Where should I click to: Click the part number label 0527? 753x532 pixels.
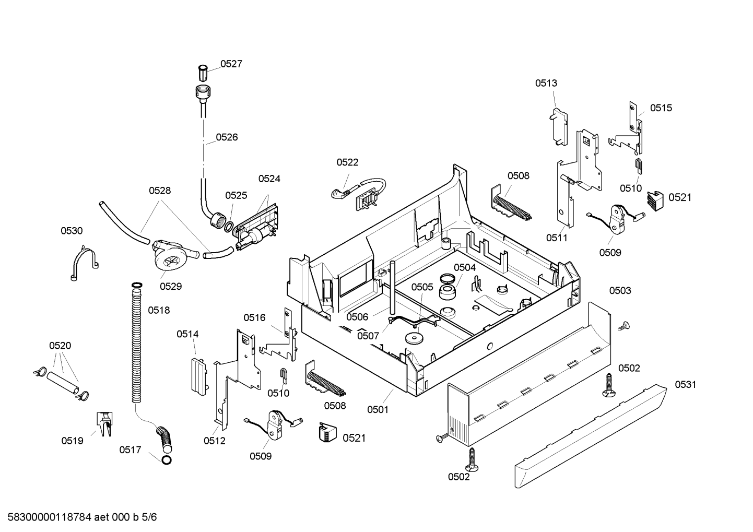pos(231,64)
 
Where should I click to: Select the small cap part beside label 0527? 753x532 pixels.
pos(203,73)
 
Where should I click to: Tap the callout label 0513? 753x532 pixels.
pos(546,83)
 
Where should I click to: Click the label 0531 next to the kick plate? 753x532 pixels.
pos(686,384)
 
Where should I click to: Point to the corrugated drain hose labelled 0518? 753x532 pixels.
pos(136,343)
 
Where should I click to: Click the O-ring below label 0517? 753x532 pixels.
pos(167,460)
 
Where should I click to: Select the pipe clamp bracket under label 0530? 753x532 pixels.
pos(84,263)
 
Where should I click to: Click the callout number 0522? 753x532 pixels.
pos(347,162)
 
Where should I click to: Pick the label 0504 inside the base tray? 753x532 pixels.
pos(465,267)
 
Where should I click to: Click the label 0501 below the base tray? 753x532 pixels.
pos(378,409)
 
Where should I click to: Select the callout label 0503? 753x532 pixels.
pos(620,290)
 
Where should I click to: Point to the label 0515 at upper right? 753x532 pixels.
pos(661,108)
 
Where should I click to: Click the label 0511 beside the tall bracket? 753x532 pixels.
pos(557,238)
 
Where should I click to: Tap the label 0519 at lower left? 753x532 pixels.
pos(72,441)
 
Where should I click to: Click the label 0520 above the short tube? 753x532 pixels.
pos(60,346)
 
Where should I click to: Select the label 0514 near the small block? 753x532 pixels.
pos(187,334)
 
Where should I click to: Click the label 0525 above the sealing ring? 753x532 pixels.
pos(236,195)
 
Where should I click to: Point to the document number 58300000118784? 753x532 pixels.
pos(49,517)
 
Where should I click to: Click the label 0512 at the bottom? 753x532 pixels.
pos(215,441)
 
